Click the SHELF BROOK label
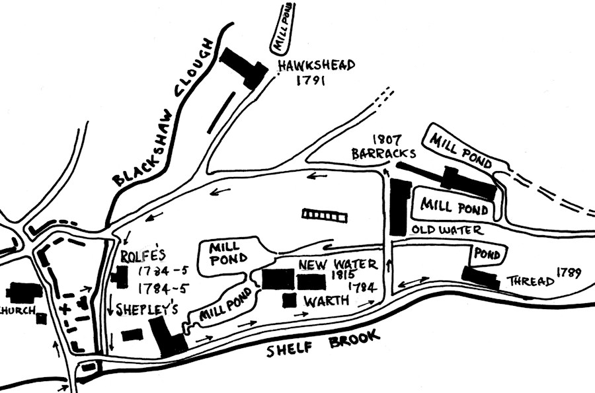click(323, 343)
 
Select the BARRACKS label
click(383, 154)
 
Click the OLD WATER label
click(447, 231)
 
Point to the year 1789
click(569, 271)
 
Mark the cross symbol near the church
click(65, 308)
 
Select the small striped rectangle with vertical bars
click(324, 214)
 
